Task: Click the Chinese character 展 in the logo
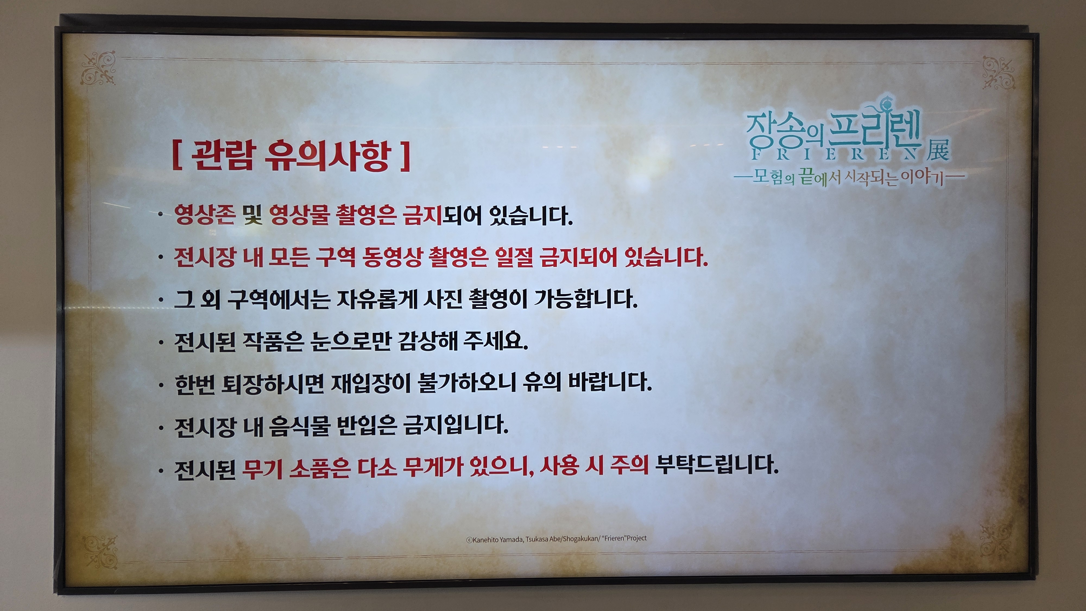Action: [937, 149]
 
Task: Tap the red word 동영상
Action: [392, 257]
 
